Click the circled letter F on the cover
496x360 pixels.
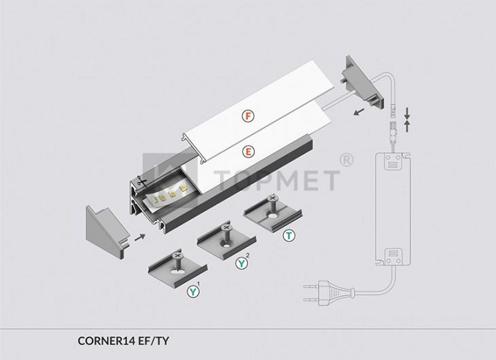point(248,116)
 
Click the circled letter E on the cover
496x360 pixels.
point(248,152)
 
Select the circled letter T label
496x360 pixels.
point(289,236)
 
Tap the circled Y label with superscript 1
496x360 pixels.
point(193,291)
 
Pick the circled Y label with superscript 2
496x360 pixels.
point(242,263)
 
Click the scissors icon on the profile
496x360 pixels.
point(142,181)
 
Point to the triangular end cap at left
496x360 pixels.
point(108,232)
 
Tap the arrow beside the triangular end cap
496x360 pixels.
point(140,237)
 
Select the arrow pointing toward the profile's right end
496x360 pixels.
point(359,112)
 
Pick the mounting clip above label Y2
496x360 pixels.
point(226,240)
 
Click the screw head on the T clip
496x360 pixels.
point(272,198)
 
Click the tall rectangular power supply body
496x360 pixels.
point(393,209)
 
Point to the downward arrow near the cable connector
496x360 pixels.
point(408,113)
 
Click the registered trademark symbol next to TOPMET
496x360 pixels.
point(347,160)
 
